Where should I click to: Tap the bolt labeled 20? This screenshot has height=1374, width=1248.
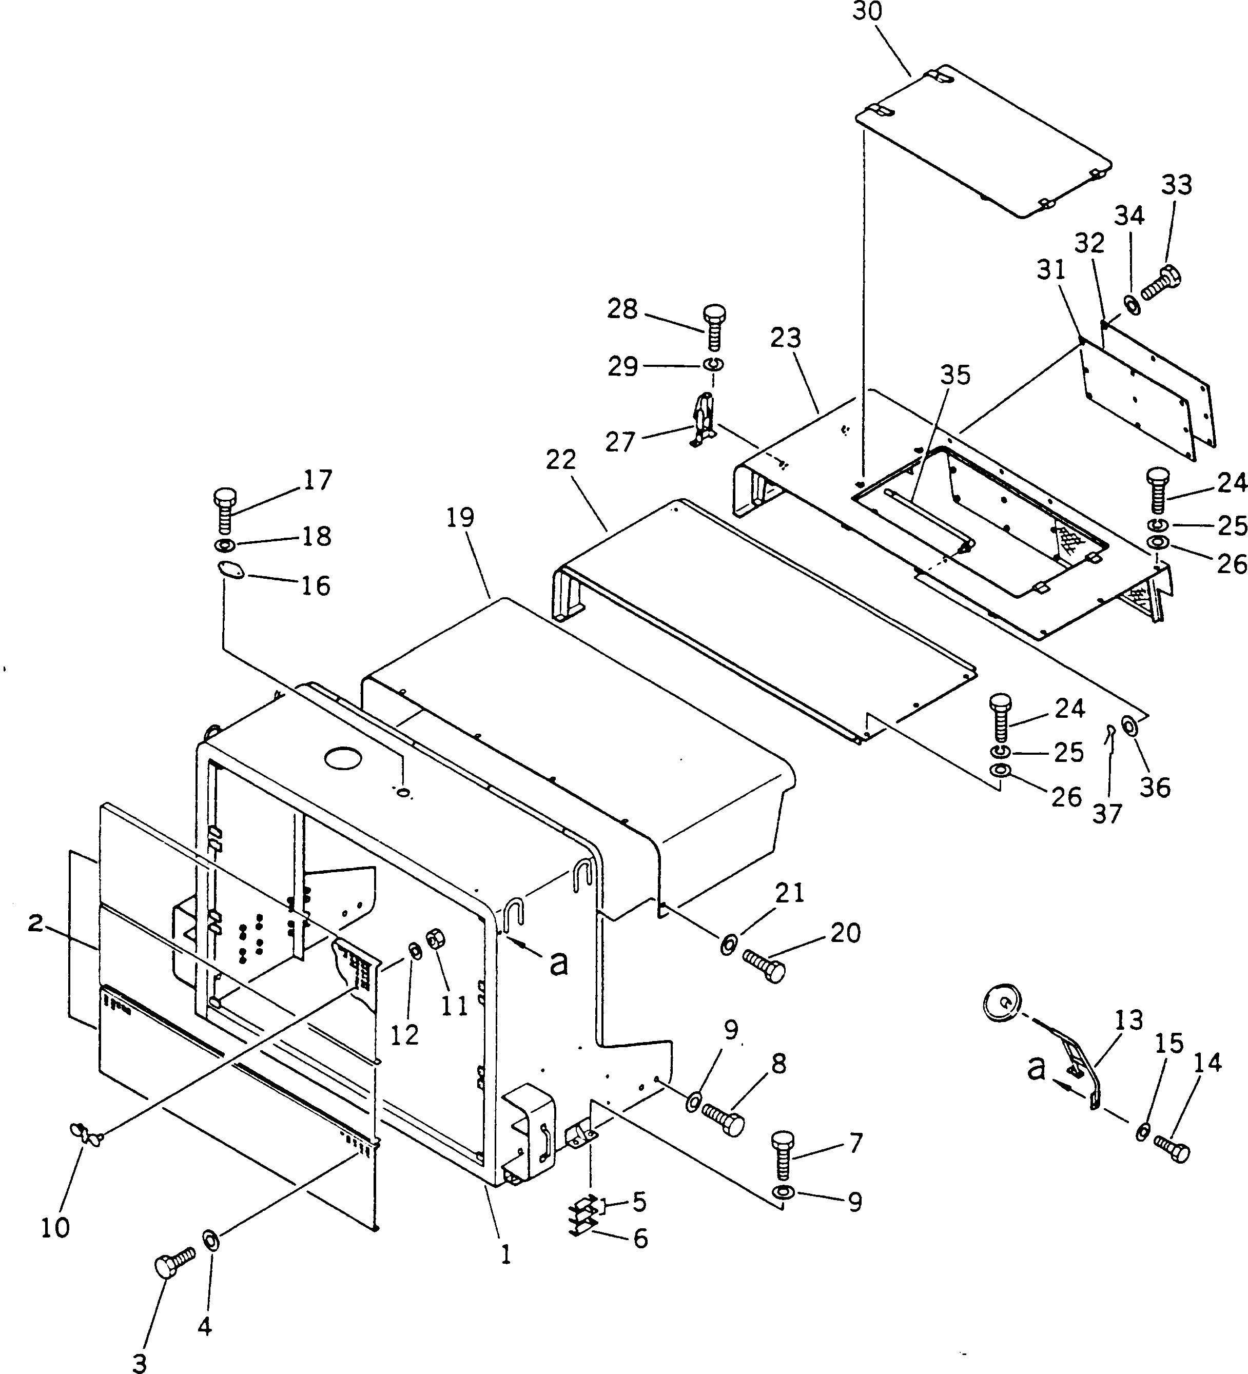point(763,965)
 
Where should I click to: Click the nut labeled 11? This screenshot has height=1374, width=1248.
point(434,940)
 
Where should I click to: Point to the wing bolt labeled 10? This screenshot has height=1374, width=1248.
point(87,1133)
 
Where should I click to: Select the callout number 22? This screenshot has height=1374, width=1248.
point(561,460)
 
